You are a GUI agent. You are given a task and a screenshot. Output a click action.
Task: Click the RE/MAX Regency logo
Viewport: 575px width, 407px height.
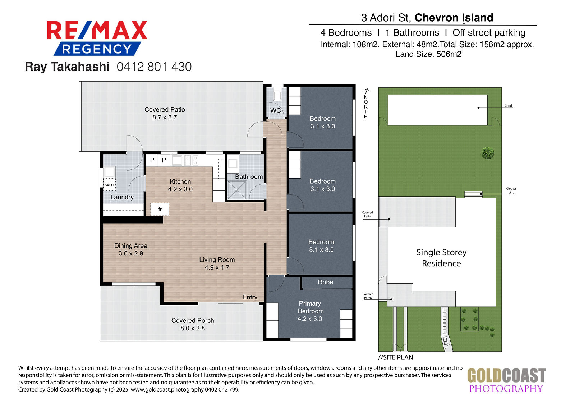point(97,38)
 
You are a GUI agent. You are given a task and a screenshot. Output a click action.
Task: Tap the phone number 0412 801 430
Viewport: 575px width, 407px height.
point(154,67)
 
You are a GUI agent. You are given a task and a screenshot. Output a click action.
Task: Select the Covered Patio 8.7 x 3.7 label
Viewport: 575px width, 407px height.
point(165,113)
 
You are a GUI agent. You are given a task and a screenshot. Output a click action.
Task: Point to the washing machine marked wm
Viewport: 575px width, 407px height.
point(109,185)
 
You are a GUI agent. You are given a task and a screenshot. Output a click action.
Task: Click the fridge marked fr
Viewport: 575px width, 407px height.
point(160,209)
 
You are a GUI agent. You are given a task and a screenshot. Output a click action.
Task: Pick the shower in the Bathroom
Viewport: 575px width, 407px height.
point(237,190)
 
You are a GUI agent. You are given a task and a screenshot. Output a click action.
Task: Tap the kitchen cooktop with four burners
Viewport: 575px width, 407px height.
point(192,160)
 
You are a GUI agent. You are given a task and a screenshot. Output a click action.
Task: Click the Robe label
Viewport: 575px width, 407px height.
point(325,282)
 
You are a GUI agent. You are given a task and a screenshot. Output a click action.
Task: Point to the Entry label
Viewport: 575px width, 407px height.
point(250,297)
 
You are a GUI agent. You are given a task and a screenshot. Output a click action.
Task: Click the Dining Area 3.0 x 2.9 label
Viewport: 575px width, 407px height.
point(131,249)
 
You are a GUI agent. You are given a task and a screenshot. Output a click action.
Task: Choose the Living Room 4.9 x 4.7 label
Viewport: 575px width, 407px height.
point(217,263)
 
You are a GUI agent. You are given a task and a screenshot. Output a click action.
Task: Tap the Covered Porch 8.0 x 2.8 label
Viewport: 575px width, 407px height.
point(193,324)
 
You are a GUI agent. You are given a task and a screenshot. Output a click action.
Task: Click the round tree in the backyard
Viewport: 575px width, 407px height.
point(487,153)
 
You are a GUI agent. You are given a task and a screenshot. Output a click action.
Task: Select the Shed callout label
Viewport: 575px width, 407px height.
point(508,105)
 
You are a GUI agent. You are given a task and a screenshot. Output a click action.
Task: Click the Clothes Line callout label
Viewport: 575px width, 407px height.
point(511,190)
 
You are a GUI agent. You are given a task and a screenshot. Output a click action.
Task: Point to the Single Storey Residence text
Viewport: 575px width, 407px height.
point(441,258)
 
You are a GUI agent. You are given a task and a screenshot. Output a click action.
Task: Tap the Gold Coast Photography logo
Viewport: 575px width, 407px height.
point(506,380)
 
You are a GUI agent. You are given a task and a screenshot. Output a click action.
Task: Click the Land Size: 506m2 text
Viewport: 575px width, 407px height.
point(428,54)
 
